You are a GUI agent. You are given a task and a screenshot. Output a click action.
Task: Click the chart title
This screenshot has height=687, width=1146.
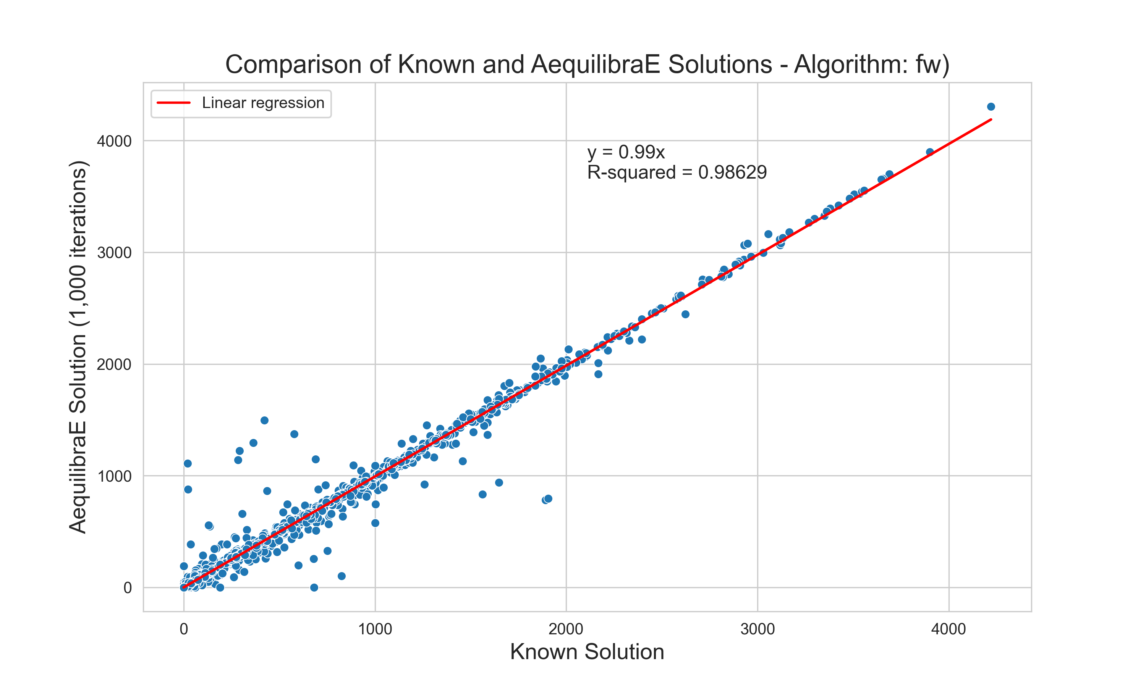click(587, 65)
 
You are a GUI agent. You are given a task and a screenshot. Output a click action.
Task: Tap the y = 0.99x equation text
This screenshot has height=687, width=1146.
click(626, 152)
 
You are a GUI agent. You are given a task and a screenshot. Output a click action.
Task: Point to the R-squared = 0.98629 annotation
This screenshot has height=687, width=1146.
click(677, 172)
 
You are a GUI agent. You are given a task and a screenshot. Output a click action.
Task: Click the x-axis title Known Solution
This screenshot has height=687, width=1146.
click(587, 652)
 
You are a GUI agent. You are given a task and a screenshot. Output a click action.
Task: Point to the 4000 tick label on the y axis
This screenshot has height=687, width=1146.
click(114, 141)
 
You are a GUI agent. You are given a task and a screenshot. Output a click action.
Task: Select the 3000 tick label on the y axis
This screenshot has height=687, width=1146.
click(114, 253)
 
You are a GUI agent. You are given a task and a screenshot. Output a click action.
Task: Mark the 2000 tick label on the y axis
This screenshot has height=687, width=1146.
click(114, 365)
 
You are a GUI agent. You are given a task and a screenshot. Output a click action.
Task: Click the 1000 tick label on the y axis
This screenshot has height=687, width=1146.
click(114, 476)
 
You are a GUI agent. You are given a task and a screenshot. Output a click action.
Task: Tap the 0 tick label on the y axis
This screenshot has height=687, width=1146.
click(127, 588)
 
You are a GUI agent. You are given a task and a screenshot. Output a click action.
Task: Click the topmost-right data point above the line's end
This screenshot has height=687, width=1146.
click(991, 107)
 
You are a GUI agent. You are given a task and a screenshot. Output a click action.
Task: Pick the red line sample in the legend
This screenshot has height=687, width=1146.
click(174, 103)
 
